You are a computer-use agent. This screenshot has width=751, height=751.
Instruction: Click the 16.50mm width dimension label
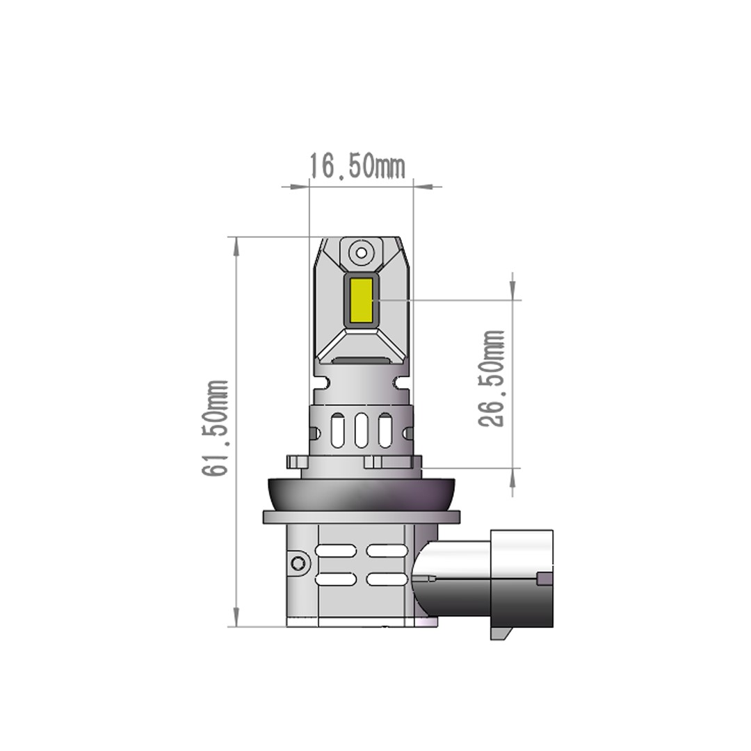(x=357, y=166)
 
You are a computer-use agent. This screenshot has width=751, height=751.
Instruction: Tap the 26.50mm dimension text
(x=492, y=378)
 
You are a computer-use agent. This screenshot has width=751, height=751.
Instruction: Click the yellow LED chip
(x=361, y=300)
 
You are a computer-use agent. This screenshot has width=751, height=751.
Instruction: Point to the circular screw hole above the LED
(x=361, y=252)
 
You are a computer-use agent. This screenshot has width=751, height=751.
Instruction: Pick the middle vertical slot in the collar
(x=361, y=430)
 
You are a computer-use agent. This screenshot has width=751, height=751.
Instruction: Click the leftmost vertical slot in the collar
(x=337, y=430)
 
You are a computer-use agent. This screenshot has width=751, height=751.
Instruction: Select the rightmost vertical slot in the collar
(x=385, y=430)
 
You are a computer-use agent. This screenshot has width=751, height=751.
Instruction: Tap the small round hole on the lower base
(x=299, y=563)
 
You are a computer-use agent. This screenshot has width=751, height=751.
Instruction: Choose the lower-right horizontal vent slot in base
(x=387, y=579)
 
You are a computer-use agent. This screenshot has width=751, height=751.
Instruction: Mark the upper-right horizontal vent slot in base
(x=387, y=551)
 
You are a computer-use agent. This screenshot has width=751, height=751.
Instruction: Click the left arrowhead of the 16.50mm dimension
(x=300, y=186)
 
